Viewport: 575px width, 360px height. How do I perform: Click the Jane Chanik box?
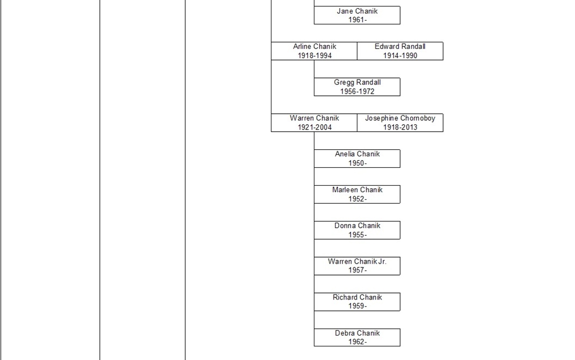[357, 15]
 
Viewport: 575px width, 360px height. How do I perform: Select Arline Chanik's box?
[314, 51]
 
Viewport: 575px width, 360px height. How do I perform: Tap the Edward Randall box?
[400, 51]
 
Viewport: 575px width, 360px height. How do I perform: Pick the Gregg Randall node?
[357, 87]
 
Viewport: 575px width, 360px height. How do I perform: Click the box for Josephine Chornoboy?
[400, 123]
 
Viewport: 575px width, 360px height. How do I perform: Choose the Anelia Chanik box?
[357, 158]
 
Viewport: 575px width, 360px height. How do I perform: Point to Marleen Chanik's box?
[357, 194]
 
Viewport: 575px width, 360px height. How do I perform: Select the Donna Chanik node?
[357, 230]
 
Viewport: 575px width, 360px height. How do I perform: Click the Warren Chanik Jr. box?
[357, 266]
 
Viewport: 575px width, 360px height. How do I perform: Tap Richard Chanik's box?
[357, 302]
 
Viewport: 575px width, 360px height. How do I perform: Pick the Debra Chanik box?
[357, 338]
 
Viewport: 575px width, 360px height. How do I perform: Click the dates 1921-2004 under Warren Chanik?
[314, 127]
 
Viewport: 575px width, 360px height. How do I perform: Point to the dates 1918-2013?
[400, 127]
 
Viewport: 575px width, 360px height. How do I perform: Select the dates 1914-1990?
[400, 56]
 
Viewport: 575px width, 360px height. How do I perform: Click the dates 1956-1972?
[357, 91]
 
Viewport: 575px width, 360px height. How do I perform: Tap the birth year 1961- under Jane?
[358, 20]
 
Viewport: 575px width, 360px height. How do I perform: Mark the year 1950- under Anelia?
[358, 163]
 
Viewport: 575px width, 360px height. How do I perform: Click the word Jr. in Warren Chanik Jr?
[382, 261]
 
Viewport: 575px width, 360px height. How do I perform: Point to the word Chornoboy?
[417, 118]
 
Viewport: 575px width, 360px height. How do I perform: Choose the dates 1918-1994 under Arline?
[314, 56]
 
